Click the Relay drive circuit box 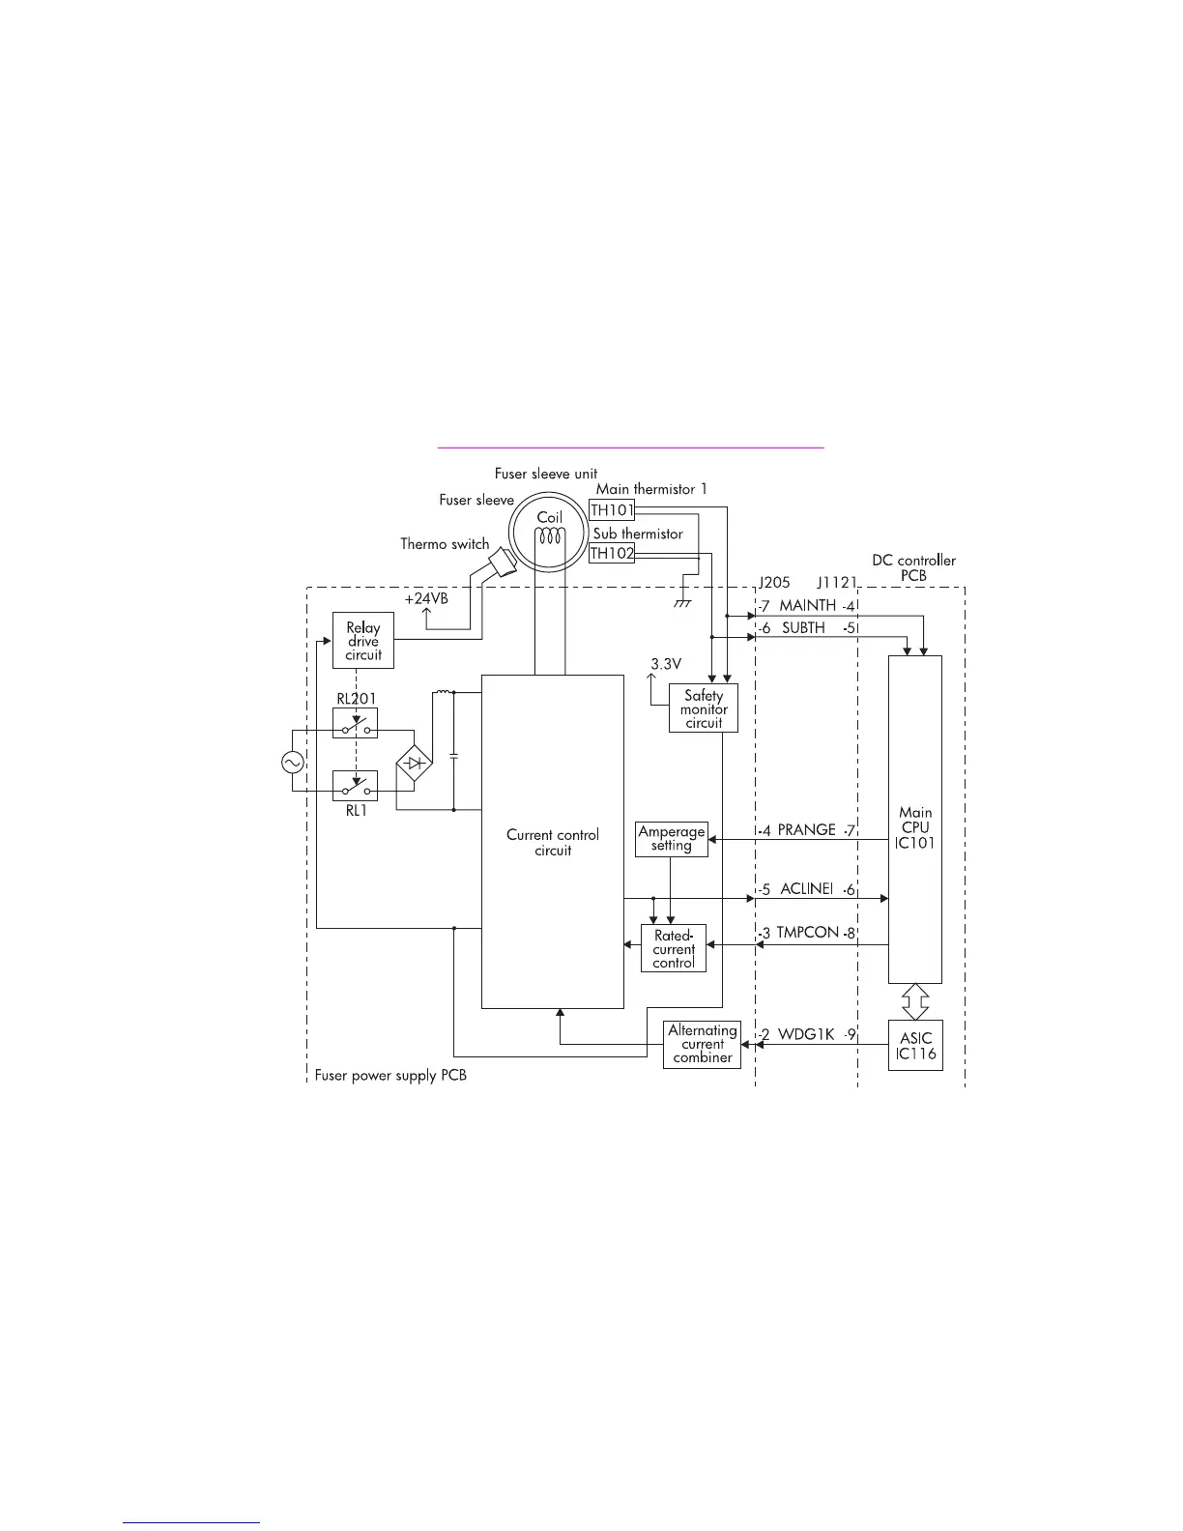[363, 641]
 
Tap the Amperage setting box [671, 838]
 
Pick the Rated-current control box [674, 949]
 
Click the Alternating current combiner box [703, 1045]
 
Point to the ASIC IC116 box [915, 1045]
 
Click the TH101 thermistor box [612, 508]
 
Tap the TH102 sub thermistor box [612, 554]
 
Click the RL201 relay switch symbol [355, 723]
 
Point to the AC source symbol [292, 762]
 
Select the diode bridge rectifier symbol [414, 764]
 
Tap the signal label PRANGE [807, 830]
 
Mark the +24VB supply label [426, 599]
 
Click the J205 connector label [773, 585]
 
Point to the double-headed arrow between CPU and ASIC [914, 1001]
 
